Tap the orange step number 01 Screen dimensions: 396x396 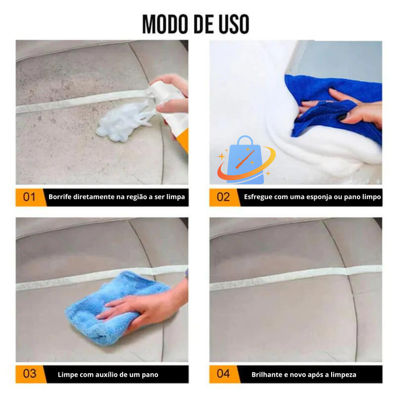(x=29, y=197)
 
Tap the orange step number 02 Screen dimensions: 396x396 (x=223, y=197)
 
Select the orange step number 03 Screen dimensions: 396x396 (x=29, y=373)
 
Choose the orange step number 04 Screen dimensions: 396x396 (x=223, y=373)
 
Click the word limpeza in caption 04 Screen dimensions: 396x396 (x=341, y=375)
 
